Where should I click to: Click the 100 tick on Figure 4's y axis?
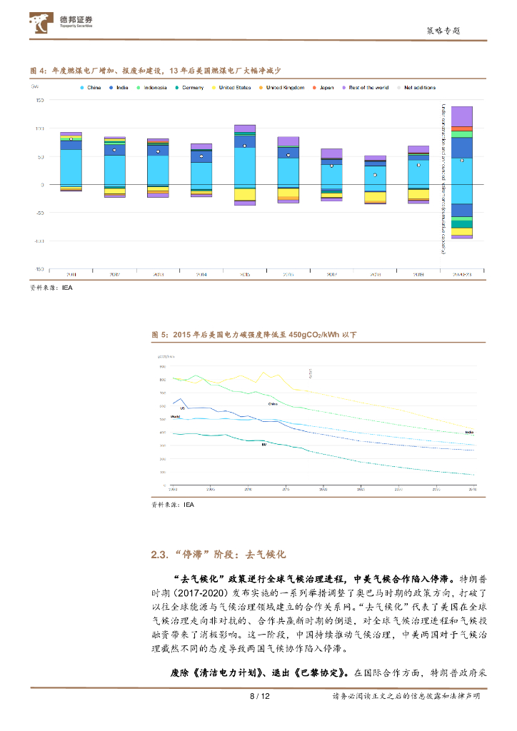[x=39, y=128]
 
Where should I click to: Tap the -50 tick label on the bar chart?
[x=39, y=213]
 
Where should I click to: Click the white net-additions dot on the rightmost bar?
[x=462, y=161]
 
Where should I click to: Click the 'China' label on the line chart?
[x=273, y=403]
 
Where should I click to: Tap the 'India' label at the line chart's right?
[x=469, y=432]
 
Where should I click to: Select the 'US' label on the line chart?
[x=182, y=408]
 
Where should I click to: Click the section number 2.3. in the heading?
[x=160, y=554]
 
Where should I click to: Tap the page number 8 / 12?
[x=258, y=697]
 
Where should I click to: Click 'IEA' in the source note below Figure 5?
[x=189, y=504]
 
